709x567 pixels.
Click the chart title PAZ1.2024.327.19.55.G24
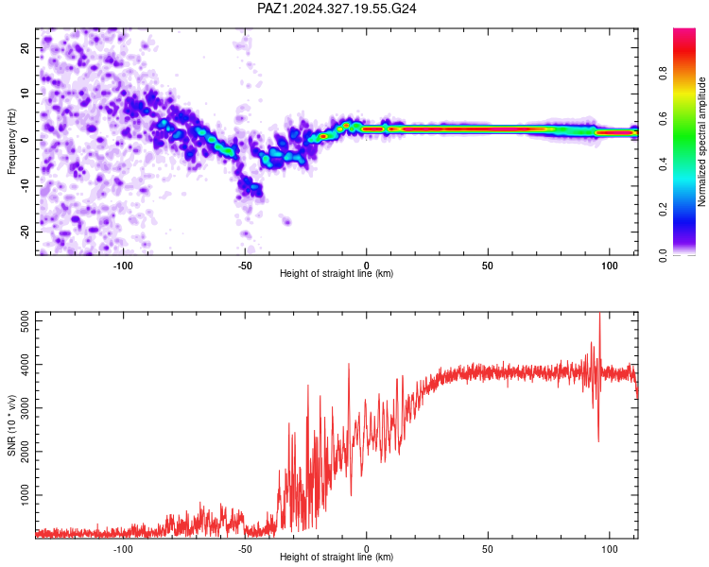pyautogui.click(x=337, y=9)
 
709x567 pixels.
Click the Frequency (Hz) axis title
pyautogui.click(x=11, y=142)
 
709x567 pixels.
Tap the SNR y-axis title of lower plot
pyautogui.click(x=11, y=425)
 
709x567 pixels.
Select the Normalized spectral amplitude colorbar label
pyautogui.click(x=701, y=142)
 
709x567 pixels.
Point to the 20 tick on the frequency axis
pyautogui.click(x=26, y=47)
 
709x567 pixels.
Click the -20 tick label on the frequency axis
pyautogui.click(x=26, y=232)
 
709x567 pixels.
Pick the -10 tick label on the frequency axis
pyautogui.click(x=26, y=186)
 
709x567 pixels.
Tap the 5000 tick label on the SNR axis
pyautogui.click(x=26, y=321)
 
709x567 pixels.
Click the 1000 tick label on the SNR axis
pyautogui.click(x=26, y=495)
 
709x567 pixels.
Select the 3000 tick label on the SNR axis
pyautogui.click(x=26, y=408)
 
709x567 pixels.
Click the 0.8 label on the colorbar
pyautogui.click(x=663, y=73)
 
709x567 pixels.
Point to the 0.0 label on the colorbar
pyautogui.click(x=663, y=255)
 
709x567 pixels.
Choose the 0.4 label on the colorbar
pyautogui.click(x=663, y=164)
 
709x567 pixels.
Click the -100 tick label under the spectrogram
pyautogui.click(x=123, y=266)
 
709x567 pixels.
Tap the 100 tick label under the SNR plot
pyautogui.click(x=609, y=549)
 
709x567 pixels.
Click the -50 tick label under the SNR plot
pyautogui.click(x=245, y=549)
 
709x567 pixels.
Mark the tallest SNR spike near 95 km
pyautogui.click(x=599, y=314)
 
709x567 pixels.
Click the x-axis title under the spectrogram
pyautogui.click(x=337, y=273)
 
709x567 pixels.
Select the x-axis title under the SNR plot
pyautogui.click(x=337, y=557)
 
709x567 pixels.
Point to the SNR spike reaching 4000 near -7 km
pyautogui.click(x=349, y=364)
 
